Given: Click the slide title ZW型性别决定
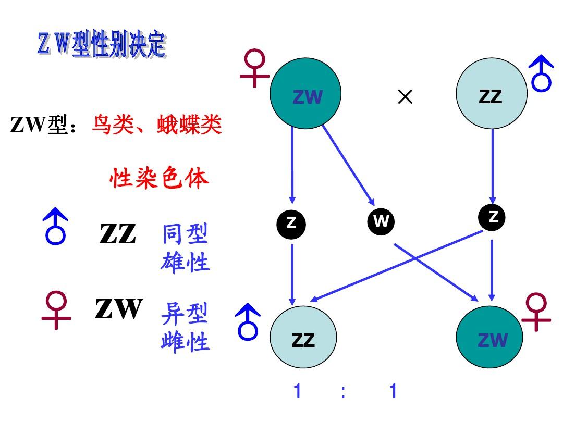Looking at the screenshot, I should click(102, 46).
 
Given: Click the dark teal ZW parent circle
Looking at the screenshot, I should click(305, 94).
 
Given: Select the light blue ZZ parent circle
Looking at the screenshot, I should click(491, 94).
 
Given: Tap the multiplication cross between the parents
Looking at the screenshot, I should click(405, 96).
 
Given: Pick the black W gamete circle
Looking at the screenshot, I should click(381, 221).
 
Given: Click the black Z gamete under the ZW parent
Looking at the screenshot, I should click(291, 224).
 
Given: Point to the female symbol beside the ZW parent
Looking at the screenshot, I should click(254, 68).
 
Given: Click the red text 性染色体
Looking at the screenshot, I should click(159, 178).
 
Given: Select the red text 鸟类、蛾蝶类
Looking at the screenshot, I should click(157, 125).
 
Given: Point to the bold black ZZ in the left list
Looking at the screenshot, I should click(118, 234).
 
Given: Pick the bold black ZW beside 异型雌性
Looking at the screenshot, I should click(119, 309).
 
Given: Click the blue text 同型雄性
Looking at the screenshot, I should click(185, 248).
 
